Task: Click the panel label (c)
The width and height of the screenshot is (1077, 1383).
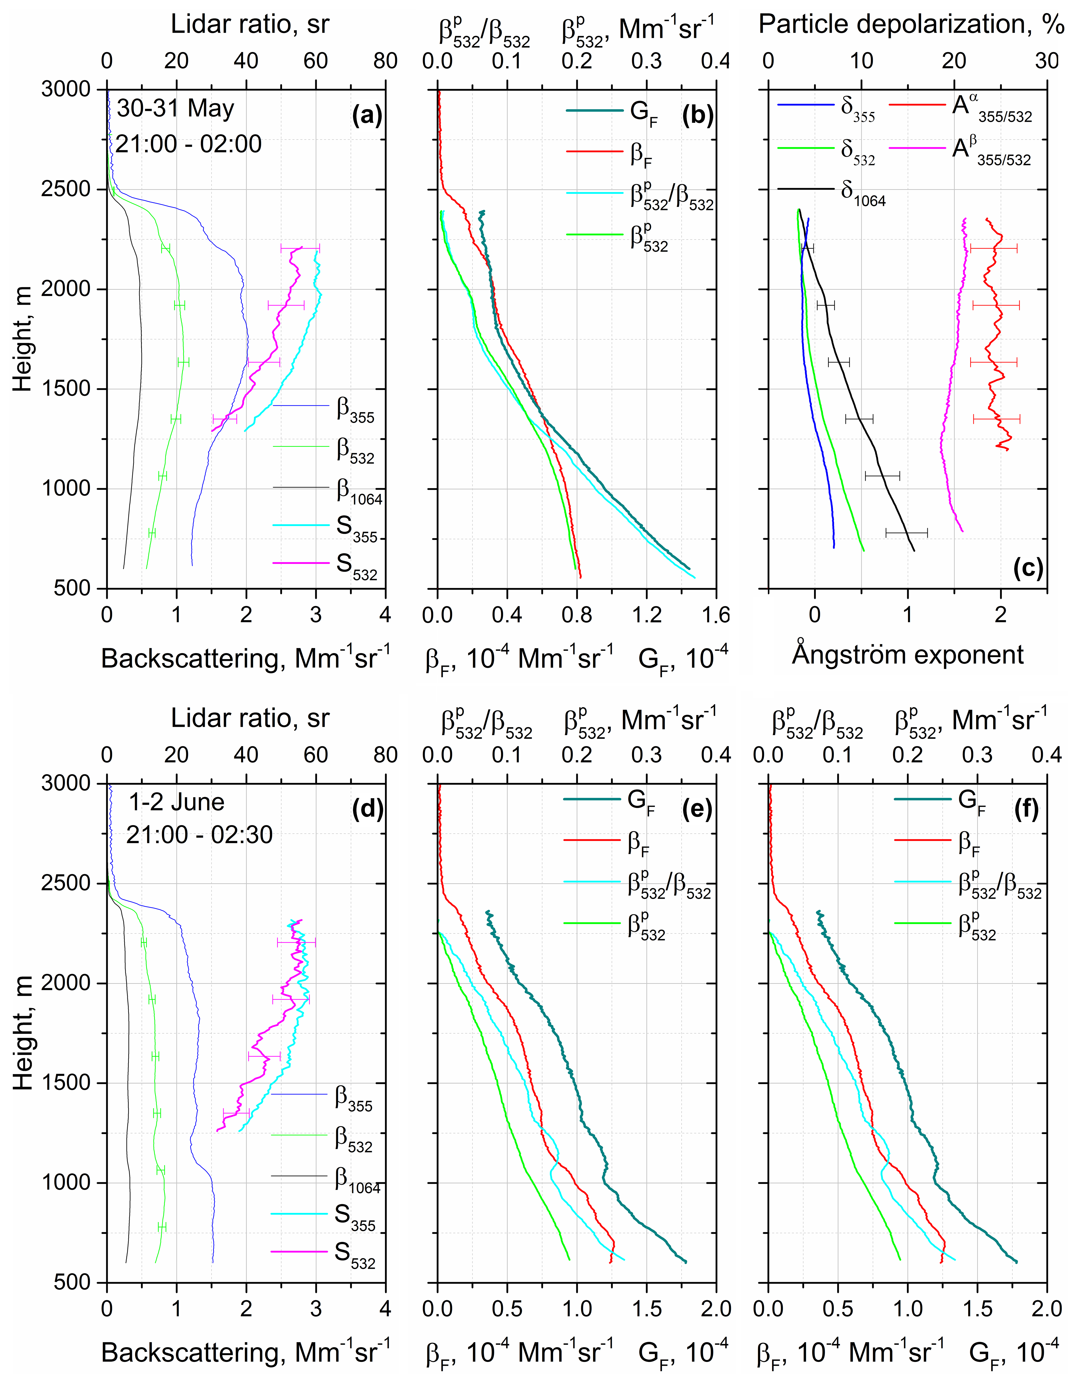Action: (1028, 568)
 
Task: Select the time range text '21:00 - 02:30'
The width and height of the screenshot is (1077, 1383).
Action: (199, 835)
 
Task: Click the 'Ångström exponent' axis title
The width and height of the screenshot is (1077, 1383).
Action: (907, 654)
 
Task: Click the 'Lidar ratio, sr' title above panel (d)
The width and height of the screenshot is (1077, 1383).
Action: (250, 718)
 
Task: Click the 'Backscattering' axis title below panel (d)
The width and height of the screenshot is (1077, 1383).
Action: (246, 1352)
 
